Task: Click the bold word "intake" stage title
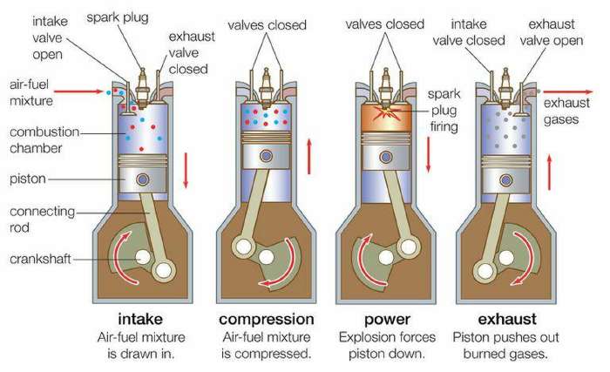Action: coord(140,319)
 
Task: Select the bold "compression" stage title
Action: coord(267,320)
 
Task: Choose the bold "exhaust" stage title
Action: coord(507,319)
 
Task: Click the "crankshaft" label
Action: coord(40,259)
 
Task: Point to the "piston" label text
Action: coord(28,179)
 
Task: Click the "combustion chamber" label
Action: coord(44,139)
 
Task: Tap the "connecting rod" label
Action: coord(42,219)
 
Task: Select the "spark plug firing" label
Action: coord(444,110)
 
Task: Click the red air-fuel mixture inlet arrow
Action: coord(78,91)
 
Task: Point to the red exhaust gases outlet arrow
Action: coord(568,92)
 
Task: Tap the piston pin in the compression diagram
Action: coord(266,156)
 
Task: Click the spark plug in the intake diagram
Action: coord(142,88)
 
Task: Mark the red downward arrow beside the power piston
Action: coord(429,154)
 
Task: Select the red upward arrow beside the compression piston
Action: coord(309,156)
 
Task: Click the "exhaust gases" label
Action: coord(566,111)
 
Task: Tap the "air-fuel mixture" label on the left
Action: coord(31,92)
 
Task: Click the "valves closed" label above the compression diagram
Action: coord(267,25)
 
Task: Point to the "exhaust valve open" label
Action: coord(552,32)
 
